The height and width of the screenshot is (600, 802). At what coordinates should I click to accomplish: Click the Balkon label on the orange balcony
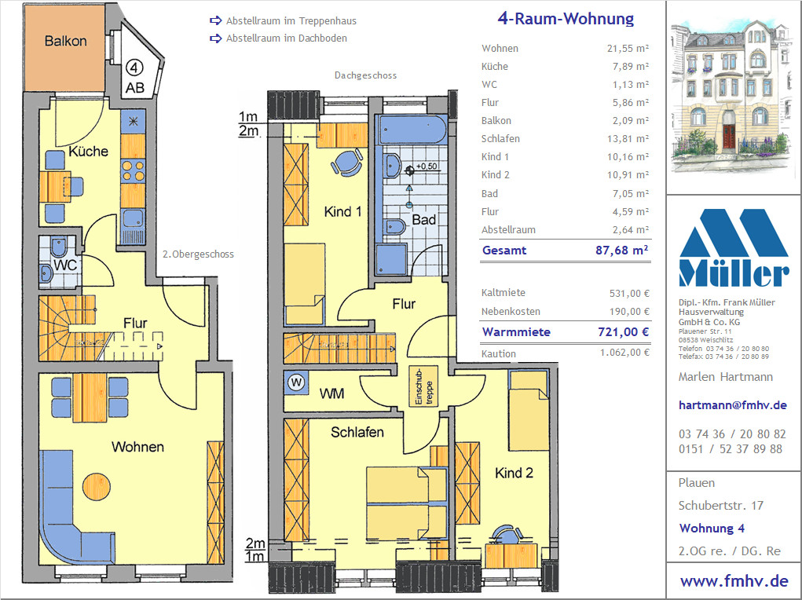(x=65, y=41)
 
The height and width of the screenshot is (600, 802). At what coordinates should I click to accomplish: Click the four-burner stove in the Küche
(x=133, y=171)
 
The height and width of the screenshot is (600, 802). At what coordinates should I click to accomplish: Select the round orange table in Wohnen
(x=96, y=486)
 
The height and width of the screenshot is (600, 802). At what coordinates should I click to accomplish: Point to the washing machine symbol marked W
(x=296, y=382)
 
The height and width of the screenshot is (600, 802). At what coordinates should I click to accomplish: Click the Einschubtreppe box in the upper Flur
(x=423, y=386)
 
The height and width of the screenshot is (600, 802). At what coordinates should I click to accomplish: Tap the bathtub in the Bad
(x=412, y=129)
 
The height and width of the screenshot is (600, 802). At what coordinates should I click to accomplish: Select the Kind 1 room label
(x=342, y=212)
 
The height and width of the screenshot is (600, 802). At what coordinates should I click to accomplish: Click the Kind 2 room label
(x=514, y=473)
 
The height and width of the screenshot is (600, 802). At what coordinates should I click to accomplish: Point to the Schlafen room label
(x=357, y=432)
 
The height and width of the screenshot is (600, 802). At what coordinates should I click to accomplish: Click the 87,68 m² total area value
(x=622, y=250)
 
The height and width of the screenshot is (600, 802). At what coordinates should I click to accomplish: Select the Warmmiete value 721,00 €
(x=624, y=332)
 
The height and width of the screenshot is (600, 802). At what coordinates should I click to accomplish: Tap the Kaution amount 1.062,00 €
(x=624, y=353)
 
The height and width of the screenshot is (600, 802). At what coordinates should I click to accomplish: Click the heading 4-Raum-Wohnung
(x=566, y=19)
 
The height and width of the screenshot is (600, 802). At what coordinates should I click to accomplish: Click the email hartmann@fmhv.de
(x=732, y=405)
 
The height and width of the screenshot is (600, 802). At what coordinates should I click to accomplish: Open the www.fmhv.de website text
(x=734, y=581)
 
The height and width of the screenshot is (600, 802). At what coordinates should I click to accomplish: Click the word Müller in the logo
(x=734, y=274)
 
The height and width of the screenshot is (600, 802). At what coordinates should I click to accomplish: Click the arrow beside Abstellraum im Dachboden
(x=215, y=38)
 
